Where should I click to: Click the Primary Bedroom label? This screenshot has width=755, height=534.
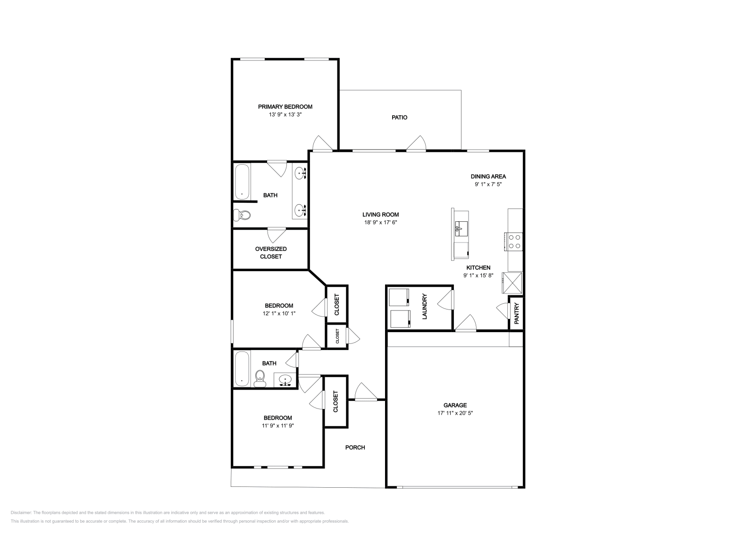[x=285, y=107]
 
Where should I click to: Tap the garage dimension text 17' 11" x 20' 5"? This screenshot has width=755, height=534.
[x=455, y=413]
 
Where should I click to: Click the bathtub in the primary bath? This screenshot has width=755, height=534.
[x=242, y=182]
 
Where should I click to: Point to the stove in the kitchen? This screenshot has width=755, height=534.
[x=514, y=242]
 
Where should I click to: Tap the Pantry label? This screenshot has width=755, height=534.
[x=516, y=313]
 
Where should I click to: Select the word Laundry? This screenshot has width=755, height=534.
[x=424, y=307]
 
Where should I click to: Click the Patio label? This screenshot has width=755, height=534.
[x=399, y=117]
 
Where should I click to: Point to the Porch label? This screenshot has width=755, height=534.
[x=355, y=447]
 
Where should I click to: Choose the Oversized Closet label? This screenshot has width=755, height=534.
[x=271, y=252]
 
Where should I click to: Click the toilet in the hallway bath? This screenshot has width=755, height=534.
[x=260, y=378]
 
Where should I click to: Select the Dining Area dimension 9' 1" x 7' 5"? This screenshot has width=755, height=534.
[x=488, y=184]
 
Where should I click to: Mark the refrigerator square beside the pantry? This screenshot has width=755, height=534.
[x=512, y=283]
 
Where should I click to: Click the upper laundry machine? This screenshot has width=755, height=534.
[x=399, y=297]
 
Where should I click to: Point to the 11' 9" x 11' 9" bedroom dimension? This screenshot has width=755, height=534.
[x=277, y=425]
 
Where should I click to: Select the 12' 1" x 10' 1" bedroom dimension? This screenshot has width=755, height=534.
[x=278, y=313]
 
